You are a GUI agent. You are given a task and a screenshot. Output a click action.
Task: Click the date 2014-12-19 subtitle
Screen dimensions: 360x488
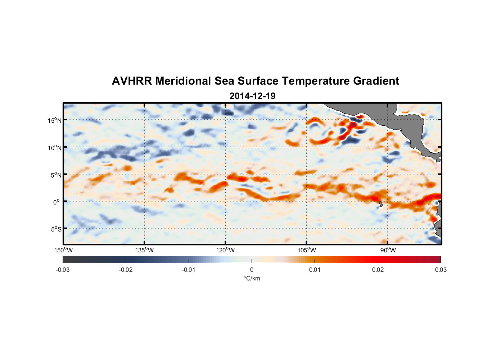(x=252, y=96)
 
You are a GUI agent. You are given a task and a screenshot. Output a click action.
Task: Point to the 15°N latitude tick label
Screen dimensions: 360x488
(x=55, y=120)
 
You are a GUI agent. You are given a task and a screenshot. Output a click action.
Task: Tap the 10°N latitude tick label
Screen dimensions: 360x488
(x=55, y=148)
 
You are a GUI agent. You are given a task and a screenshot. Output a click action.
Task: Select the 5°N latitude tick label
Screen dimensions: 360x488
(x=56, y=175)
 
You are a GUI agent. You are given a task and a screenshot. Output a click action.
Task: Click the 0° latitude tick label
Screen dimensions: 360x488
(x=57, y=202)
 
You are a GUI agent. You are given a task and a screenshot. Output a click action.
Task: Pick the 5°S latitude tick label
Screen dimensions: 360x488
(x=56, y=229)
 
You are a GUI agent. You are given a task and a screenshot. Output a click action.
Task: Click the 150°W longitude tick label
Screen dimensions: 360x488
(x=64, y=250)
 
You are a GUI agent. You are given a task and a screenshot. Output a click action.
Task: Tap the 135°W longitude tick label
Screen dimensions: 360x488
(x=145, y=250)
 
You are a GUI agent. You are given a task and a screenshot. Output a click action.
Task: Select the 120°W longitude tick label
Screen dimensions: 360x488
(x=226, y=250)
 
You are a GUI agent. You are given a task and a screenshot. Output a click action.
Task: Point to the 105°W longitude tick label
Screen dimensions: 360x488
(x=307, y=250)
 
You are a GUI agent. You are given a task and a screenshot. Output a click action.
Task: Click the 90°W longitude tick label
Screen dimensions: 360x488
(x=388, y=250)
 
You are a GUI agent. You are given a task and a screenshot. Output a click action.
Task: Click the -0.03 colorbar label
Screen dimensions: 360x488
(x=63, y=270)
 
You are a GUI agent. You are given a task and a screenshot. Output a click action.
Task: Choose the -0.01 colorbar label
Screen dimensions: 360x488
(x=189, y=270)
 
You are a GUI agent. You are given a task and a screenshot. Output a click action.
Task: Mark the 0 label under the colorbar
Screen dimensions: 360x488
(x=252, y=270)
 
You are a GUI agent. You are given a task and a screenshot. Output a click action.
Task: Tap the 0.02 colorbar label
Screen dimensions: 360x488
(x=378, y=270)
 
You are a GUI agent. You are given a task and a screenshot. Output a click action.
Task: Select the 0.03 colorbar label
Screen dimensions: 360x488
(x=440, y=270)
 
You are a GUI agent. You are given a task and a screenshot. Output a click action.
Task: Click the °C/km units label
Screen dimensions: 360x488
(x=252, y=278)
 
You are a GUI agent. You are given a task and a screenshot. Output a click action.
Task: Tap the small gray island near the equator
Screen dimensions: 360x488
(x=381, y=204)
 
